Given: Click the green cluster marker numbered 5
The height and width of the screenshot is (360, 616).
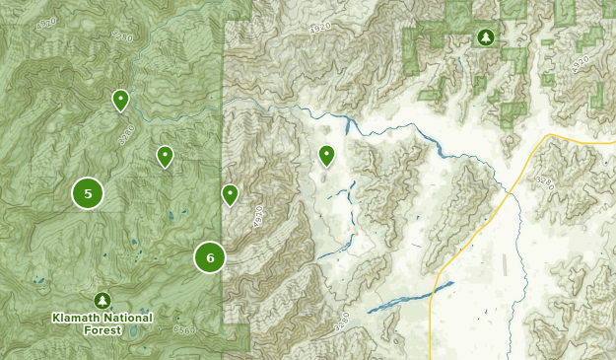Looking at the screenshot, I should coord(88,193).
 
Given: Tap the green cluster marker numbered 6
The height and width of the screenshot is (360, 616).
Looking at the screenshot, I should coord(210,257).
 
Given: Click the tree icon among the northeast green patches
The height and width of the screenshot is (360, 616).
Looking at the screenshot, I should coord(485,37).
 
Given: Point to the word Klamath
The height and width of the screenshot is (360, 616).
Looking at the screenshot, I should coord(78,318).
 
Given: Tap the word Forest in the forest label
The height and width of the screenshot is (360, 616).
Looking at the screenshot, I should coord(103,330).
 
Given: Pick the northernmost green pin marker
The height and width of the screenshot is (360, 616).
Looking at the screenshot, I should coord(120,99).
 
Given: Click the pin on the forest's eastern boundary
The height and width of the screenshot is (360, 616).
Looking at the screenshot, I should coord(230,193).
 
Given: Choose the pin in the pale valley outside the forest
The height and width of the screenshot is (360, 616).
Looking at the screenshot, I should coord(326,154).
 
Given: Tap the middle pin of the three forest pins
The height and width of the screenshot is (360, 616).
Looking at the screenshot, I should coord(165,155).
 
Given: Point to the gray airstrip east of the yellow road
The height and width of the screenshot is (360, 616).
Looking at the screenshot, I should coord(505,263).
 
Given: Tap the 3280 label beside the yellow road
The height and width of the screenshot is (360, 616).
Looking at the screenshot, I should coord(545,183).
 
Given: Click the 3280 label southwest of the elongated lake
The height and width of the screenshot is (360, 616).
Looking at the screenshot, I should coord(342,322).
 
